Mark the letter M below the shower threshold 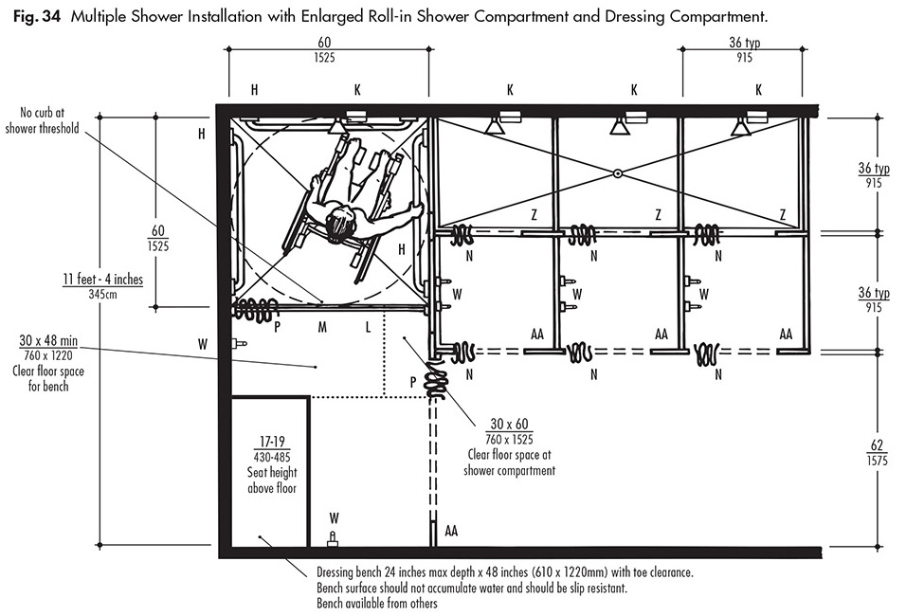coord(322,327)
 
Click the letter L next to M coord(368,327)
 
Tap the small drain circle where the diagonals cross coord(617,173)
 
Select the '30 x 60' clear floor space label coord(509,424)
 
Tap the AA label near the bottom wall coord(451,531)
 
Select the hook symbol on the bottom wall coord(333,538)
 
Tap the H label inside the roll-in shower coord(402,248)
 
